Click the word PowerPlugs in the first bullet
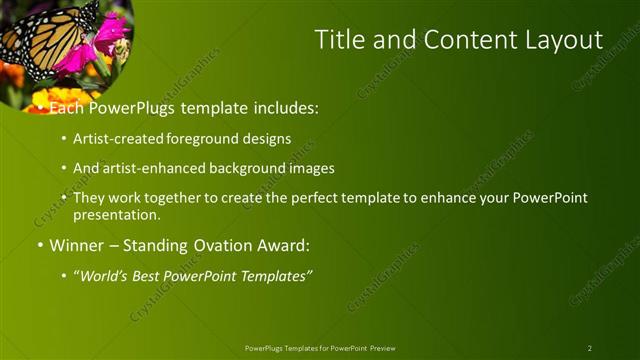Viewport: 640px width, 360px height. tap(135, 106)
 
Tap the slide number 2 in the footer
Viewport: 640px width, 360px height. tap(589, 348)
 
